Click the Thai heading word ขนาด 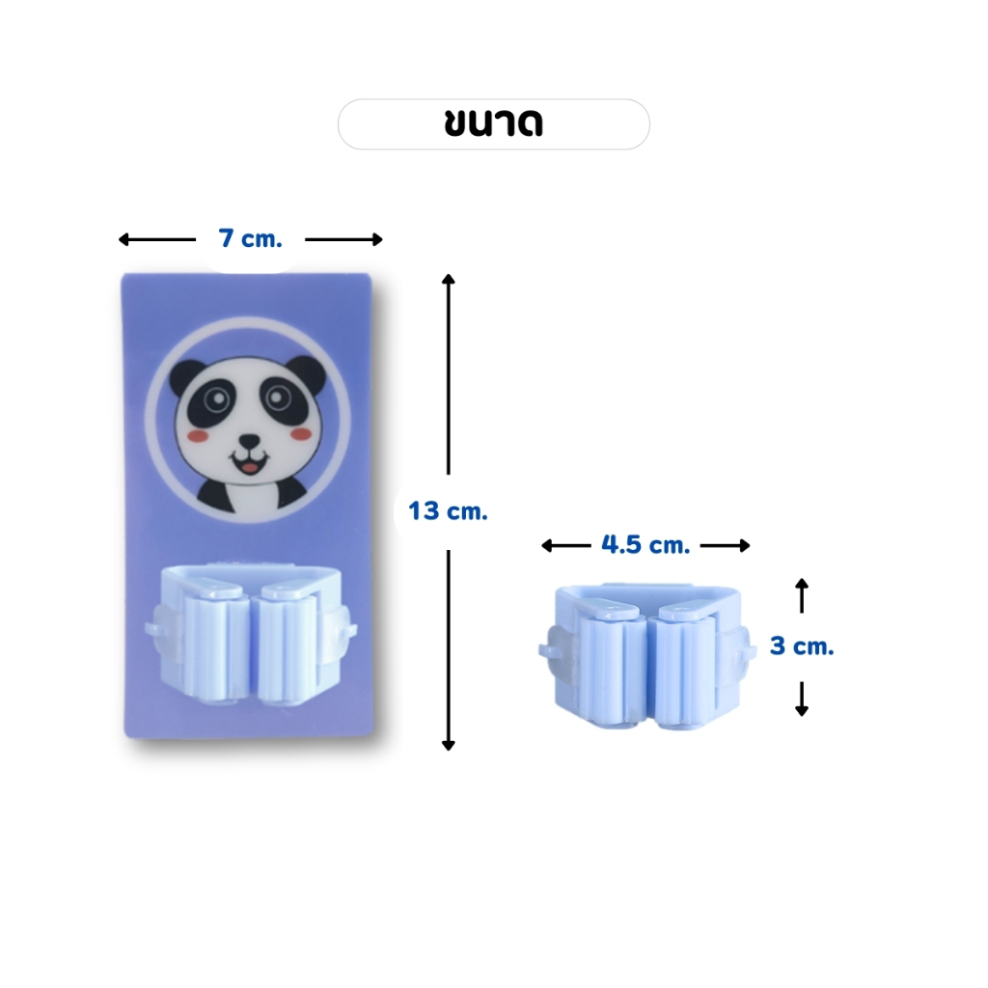coord(493,123)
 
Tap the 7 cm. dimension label coord(250,239)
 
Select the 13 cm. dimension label coord(448,511)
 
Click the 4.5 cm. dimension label coord(645,545)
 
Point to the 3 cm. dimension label coord(802,645)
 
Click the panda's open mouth coord(250,465)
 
